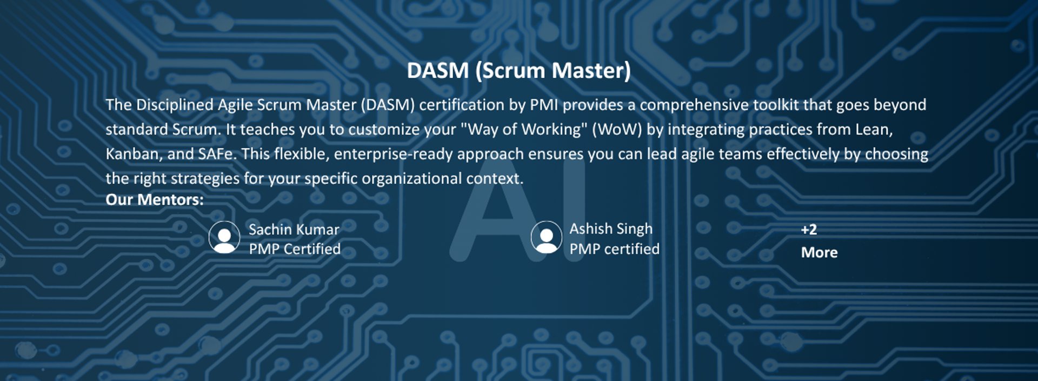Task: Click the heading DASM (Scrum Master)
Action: [x=518, y=71]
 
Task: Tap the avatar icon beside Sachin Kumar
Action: [x=224, y=237]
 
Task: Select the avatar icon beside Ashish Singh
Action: [x=546, y=237]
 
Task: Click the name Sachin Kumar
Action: [x=294, y=229]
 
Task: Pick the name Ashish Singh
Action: [x=611, y=229]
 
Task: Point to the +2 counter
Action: [x=809, y=230]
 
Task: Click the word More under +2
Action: [x=820, y=252]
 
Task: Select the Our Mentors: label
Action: [x=155, y=200]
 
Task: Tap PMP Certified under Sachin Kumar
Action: [x=295, y=249]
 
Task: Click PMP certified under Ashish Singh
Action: [x=615, y=249]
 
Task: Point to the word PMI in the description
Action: [x=544, y=105]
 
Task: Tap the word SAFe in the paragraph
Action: [x=217, y=154]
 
